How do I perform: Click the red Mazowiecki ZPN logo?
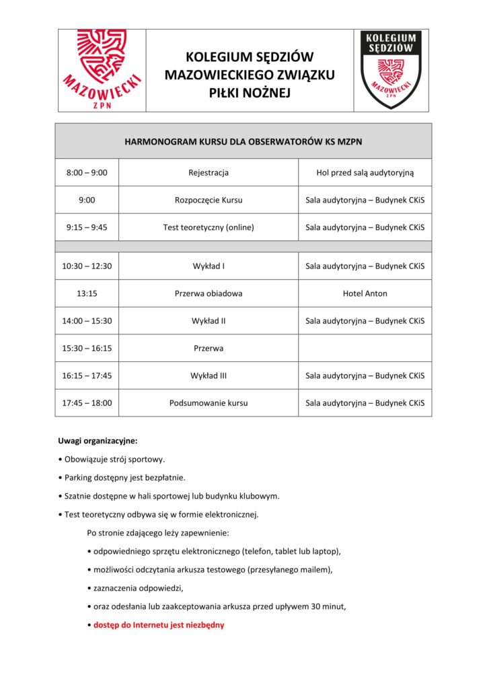102,69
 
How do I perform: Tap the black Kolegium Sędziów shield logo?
391,69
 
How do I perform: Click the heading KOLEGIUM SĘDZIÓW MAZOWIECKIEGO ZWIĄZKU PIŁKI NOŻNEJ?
250,75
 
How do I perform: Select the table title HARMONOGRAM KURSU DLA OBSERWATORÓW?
243,141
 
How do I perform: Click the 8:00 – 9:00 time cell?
87,173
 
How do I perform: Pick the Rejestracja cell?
209,173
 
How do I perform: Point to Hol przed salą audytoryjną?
365,173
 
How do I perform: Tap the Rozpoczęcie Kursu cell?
209,200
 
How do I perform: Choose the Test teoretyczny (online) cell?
209,227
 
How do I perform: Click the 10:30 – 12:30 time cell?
87,266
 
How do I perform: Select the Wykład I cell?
209,266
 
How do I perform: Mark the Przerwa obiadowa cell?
209,293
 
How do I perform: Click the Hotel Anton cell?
365,293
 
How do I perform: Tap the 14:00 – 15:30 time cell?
87,321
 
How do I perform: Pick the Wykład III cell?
209,375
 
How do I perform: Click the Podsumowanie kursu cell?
209,403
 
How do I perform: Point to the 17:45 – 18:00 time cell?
87,403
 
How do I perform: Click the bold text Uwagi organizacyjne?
98,441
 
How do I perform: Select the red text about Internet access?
159,625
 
